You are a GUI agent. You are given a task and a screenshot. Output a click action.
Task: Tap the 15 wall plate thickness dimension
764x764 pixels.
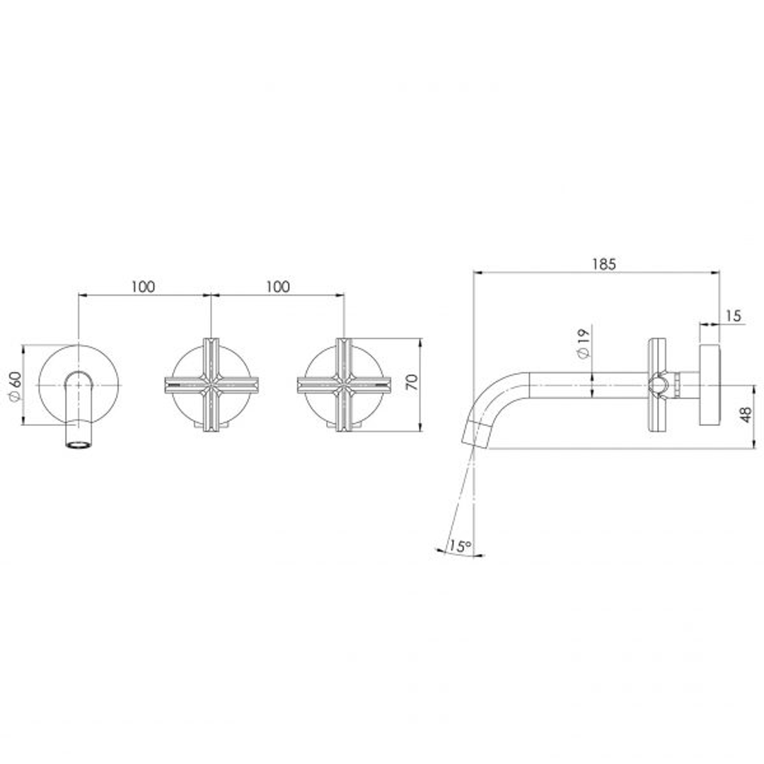(x=733, y=316)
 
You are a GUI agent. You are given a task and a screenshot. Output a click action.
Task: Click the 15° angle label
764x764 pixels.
(x=460, y=546)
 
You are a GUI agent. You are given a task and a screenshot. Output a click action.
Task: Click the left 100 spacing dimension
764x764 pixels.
(x=143, y=286)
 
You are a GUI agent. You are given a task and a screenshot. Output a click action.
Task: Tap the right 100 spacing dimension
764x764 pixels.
(x=277, y=286)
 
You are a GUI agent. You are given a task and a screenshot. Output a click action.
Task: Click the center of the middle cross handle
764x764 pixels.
(x=210, y=386)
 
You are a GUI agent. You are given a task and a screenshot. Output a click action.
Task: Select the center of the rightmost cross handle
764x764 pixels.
(x=344, y=386)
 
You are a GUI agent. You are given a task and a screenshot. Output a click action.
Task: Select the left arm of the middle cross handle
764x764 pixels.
(x=181, y=386)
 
